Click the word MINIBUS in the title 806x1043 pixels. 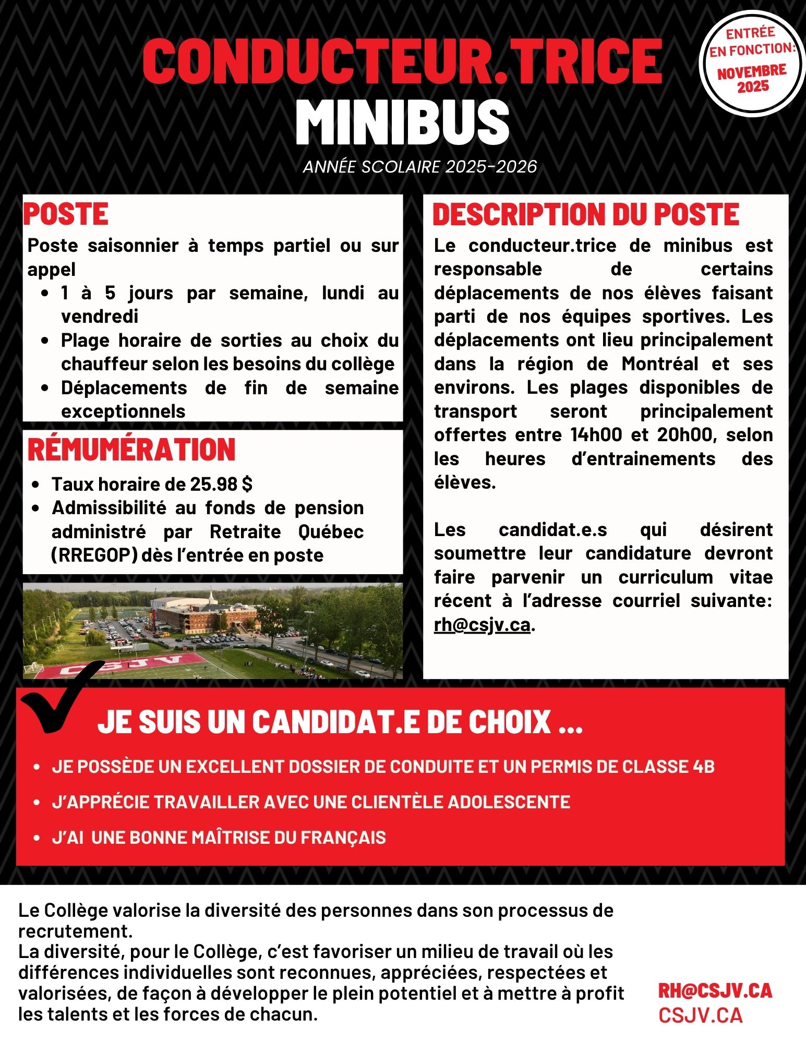(402, 123)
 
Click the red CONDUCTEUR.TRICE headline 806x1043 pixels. (402, 61)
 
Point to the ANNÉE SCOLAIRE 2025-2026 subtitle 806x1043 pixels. (420, 167)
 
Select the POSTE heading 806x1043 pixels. (66, 214)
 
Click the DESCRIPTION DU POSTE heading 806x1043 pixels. (586, 214)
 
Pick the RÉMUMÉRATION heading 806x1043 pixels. (131, 450)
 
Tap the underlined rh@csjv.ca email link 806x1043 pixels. (482, 624)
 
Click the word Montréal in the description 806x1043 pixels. (659, 363)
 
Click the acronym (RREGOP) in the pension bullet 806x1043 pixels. (94, 555)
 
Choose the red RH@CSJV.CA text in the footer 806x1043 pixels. (715, 991)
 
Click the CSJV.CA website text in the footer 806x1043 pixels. (700, 1015)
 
